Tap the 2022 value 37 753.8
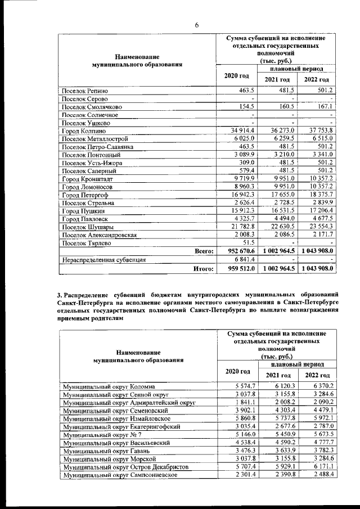[318, 130]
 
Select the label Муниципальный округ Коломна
[108, 386]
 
